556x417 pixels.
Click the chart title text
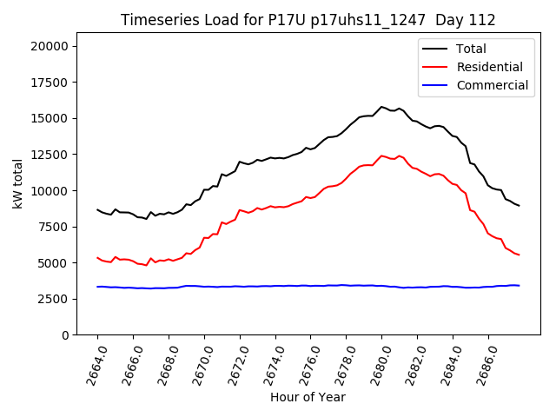pyautogui.click(x=308, y=20)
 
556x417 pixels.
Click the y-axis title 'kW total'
pyautogui.click(x=17, y=184)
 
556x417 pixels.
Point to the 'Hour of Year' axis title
pyautogui.click(x=308, y=397)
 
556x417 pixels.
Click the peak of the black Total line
pyautogui.click(x=381, y=107)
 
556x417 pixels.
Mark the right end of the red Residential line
pyautogui.click(x=519, y=255)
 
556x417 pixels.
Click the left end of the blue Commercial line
pyautogui.click(x=97, y=287)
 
